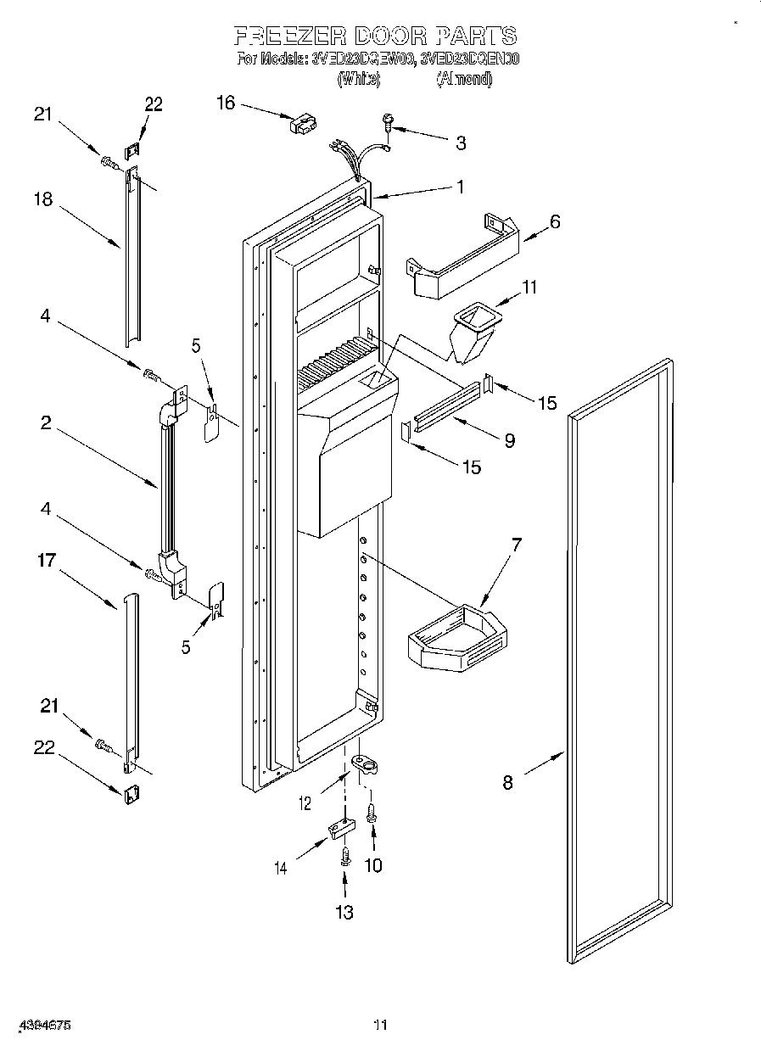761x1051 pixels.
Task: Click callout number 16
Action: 226,103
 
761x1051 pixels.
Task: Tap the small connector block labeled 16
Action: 300,126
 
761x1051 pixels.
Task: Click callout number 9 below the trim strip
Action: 509,440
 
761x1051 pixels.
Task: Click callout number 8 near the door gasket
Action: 507,783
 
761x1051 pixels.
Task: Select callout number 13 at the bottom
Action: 344,913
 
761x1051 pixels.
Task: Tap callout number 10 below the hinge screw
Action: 372,865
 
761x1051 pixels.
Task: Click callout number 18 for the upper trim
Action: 43,199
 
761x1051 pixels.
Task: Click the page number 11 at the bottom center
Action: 380,1026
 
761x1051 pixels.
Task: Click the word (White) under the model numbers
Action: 359,80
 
